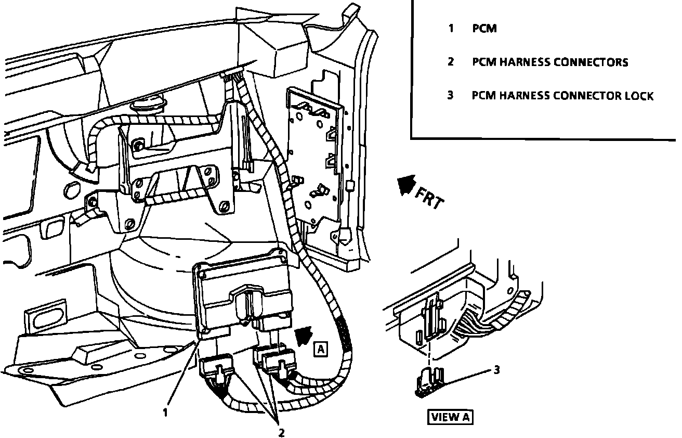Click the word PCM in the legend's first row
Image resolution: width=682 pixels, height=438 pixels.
484,29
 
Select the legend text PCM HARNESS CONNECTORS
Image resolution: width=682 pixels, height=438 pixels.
550,62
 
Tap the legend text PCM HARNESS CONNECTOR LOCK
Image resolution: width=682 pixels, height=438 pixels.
562,96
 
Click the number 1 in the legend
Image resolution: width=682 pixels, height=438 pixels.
451,29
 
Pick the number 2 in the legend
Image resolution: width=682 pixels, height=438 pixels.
451,62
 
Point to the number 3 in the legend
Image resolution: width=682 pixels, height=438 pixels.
451,96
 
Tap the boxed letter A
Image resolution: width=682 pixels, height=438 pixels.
321,349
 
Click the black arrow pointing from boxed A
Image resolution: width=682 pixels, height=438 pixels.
304,336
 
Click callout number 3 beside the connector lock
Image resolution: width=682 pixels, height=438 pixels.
496,370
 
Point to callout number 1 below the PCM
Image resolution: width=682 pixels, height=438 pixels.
165,413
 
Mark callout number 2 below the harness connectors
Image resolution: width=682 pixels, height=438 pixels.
281,432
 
